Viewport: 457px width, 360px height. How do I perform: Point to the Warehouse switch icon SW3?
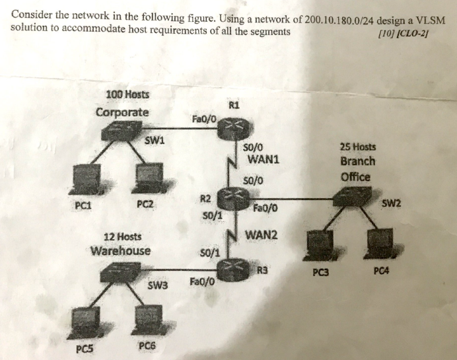123,271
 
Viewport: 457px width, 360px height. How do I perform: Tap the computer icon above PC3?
320,245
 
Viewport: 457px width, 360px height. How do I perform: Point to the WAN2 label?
262,234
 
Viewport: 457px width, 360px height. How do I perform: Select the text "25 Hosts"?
358,147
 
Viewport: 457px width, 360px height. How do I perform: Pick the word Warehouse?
120,251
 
